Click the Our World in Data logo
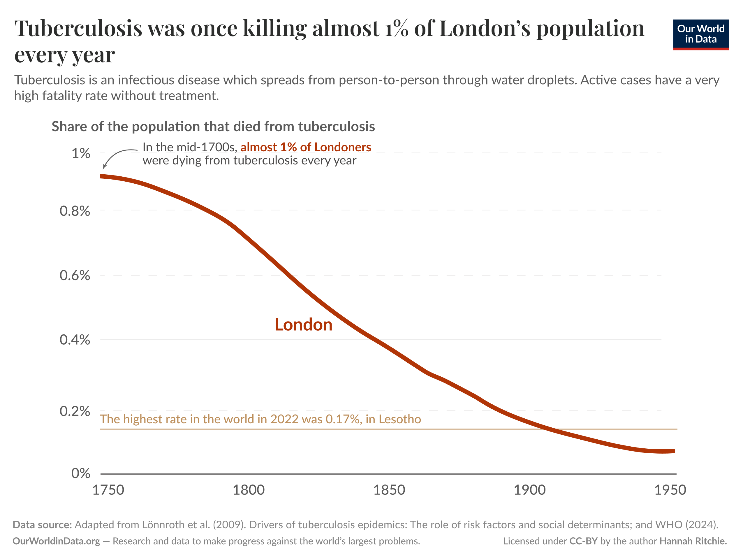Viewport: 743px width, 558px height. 700,34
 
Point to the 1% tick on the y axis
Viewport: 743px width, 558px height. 81,153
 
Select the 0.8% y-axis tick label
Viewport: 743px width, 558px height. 75,211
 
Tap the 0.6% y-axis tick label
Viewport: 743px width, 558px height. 75,276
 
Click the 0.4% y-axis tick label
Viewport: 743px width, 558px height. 75,340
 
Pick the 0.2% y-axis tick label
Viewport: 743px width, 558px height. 75,411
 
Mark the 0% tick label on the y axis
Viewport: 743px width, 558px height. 81,473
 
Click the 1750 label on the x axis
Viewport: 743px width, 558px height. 108,490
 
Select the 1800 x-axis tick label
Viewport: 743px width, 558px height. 249,490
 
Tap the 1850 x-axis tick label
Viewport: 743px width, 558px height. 389,490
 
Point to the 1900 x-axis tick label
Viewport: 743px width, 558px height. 529,490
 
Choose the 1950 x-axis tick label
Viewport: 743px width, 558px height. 670,490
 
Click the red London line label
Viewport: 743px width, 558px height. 303,325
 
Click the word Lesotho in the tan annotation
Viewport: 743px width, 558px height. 400,419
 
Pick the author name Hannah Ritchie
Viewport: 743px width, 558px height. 693,541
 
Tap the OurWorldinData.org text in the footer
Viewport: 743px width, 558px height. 57,541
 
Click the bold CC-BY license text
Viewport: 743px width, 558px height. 583,541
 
